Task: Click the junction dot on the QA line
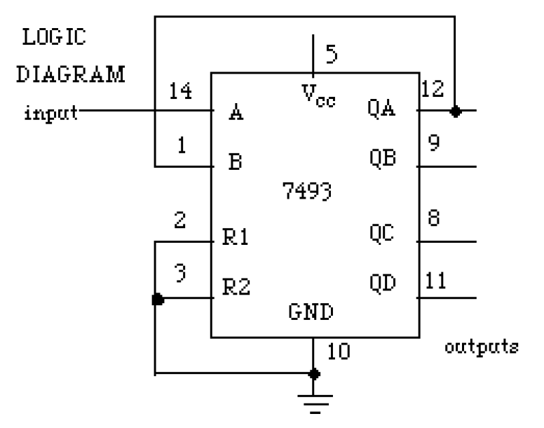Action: [x=456, y=111]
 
